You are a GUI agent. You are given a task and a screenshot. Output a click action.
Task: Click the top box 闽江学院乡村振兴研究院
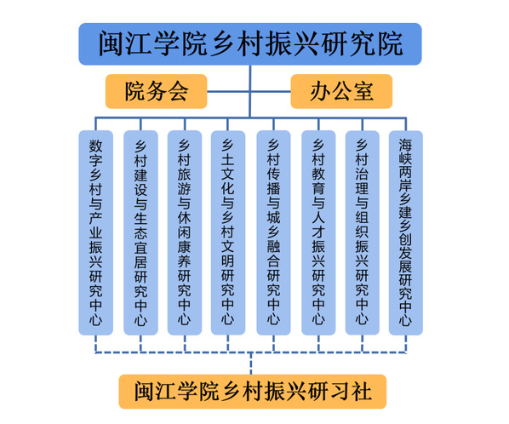pyautogui.click(x=250, y=43)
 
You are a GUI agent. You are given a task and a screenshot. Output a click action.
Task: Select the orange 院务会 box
pyautogui.click(x=156, y=91)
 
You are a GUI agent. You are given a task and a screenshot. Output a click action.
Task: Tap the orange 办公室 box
pyautogui.click(x=341, y=91)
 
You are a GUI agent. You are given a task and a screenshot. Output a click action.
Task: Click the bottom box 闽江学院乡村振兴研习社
pyautogui.click(x=253, y=392)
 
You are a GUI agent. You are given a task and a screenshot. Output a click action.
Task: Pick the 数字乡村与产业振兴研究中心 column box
pyautogui.click(x=96, y=232)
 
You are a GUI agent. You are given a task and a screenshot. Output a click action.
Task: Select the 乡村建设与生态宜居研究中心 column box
pyautogui.click(x=140, y=232)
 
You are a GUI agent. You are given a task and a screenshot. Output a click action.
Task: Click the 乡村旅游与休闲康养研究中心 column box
pyautogui.click(x=185, y=232)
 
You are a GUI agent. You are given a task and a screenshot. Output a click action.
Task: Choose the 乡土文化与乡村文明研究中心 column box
pyautogui.click(x=228, y=232)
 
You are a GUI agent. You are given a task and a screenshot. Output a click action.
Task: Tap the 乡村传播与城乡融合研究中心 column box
pyautogui.click(x=273, y=232)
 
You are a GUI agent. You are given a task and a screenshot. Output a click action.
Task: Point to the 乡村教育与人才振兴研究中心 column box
pyautogui.click(x=318, y=232)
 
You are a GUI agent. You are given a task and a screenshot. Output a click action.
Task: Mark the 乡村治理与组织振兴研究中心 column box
pyautogui.click(x=363, y=232)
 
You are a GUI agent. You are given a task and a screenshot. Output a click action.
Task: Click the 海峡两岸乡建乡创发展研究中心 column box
pyautogui.click(x=406, y=232)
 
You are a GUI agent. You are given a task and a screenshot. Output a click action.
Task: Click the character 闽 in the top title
pyautogui.click(x=111, y=43)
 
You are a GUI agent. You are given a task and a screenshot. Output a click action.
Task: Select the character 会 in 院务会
pyautogui.click(x=178, y=91)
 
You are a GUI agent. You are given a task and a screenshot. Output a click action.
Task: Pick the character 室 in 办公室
pyautogui.click(x=363, y=91)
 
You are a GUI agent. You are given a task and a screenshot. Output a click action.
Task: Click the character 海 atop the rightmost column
pyautogui.click(x=406, y=145)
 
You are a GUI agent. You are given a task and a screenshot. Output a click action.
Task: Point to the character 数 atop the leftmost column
pyautogui.click(x=96, y=146)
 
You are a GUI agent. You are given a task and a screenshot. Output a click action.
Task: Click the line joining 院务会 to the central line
pyautogui.click(x=228, y=91)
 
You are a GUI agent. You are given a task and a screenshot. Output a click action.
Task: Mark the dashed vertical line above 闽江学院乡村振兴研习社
pyautogui.click(x=250, y=364)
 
